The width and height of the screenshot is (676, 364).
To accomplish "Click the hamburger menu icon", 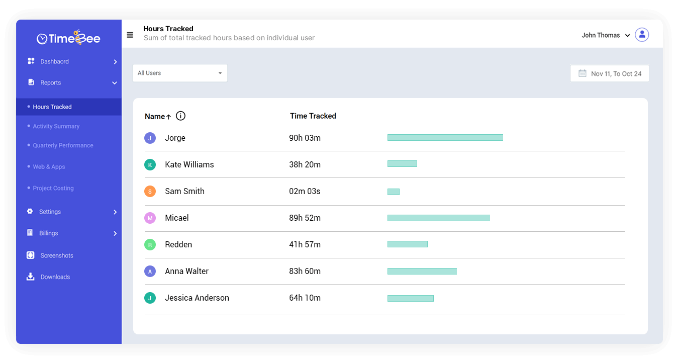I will [130, 35].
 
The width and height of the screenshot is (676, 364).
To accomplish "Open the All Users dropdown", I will [180, 73].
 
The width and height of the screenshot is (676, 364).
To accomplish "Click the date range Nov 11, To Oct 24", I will [610, 73].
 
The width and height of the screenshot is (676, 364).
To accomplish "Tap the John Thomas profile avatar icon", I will [642, 35].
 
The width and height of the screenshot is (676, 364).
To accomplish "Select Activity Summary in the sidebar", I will [56, 126].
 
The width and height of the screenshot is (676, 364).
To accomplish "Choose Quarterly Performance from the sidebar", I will [63, 145].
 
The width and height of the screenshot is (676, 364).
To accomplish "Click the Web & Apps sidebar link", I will [49, 167].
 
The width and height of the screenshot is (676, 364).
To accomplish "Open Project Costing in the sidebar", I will [53, 188].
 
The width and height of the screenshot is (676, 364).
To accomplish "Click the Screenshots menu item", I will [57, 255].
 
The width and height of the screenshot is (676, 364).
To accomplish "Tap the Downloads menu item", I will [55, 277].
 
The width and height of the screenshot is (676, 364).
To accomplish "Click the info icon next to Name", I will [181, 116].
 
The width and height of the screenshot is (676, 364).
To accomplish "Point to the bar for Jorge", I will [445, 138].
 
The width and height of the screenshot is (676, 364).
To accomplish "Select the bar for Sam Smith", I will [394, 192].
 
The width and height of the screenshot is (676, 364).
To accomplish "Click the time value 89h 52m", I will [305, 218].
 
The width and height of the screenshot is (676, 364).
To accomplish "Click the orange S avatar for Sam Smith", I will [150, 192].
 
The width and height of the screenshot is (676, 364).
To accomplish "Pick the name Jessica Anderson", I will [197, 298].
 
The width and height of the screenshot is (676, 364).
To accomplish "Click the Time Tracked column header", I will [313, 116].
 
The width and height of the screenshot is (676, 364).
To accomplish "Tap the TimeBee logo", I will [68, 38].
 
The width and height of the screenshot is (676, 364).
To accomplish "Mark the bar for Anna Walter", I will [422, 271].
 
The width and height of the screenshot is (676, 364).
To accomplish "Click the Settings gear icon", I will [30, 212].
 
